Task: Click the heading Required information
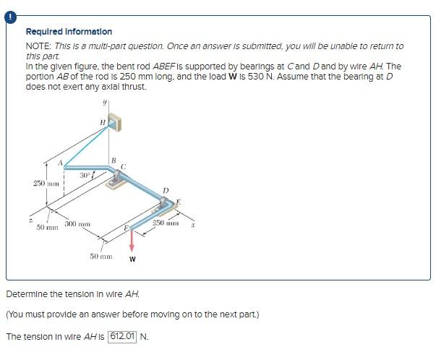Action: pyautogui.click(x=69, y=32)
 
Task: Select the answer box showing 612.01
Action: pyautogui.click(x=123, y=336)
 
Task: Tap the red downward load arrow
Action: pyautogui.click(x=132, y=241)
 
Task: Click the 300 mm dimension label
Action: pyautogui.click(x=77, y=224)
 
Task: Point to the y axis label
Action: pyautogui.click(x=105, y=102)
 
